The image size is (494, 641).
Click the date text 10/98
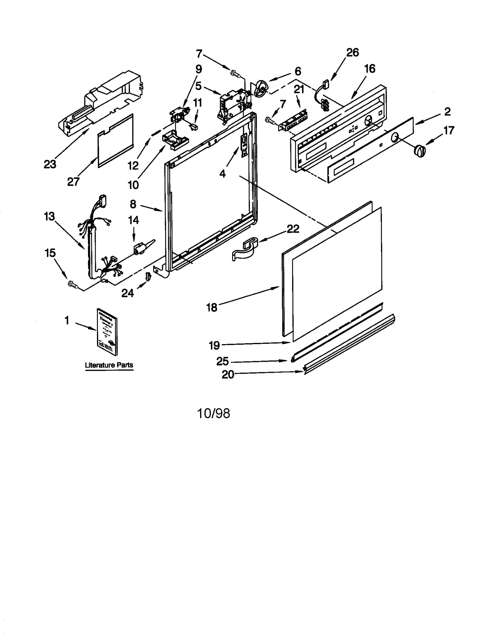coord(213,413)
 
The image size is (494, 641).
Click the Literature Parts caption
coord(109,365)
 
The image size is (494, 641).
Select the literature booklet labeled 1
coord(107,331)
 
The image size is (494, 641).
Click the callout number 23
coord(50,164)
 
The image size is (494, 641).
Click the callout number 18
coord(212,307)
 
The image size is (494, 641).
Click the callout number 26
coord(352,53)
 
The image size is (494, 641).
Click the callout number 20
coord(228,374)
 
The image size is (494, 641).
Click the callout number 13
coord(49,216)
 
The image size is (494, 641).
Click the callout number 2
coord(447,112)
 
